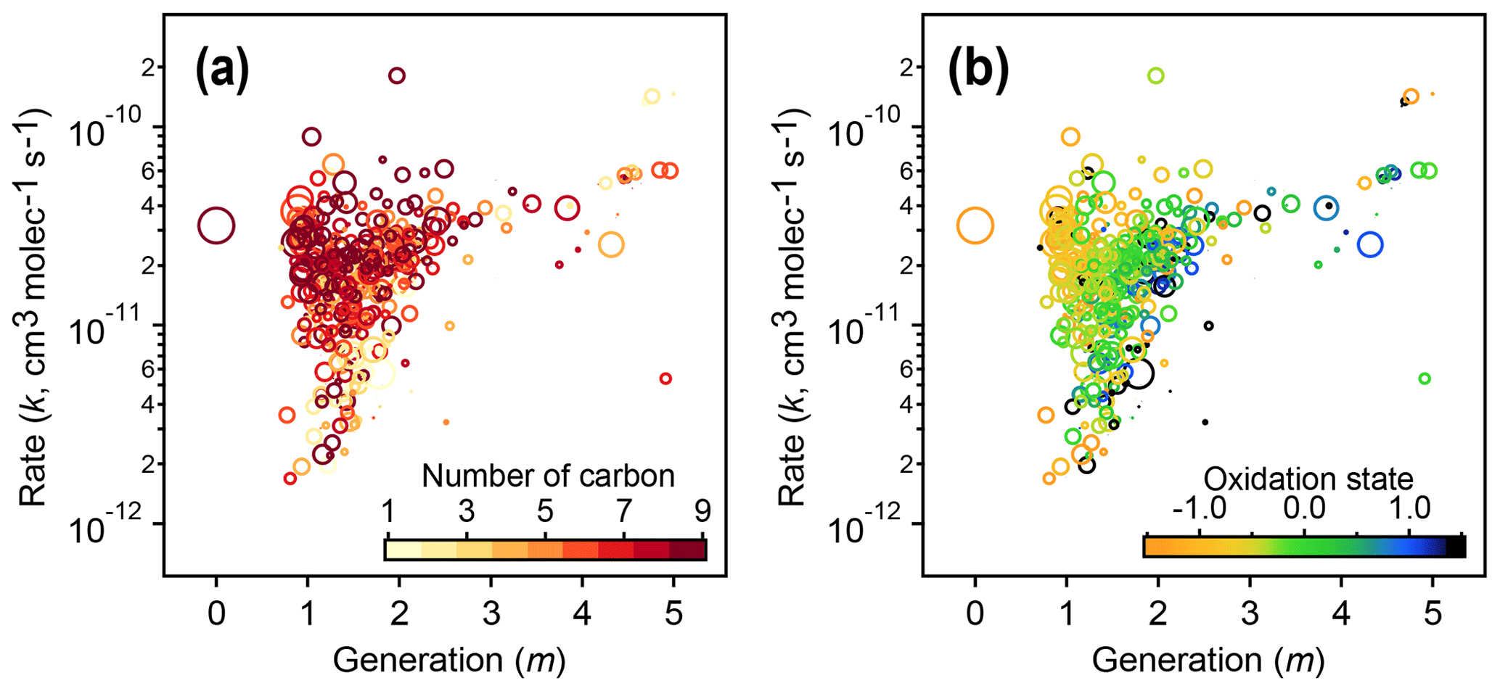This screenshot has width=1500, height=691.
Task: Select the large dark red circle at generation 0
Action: tap(216, 226)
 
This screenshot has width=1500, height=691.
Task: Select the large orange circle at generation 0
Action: tap(975, 226)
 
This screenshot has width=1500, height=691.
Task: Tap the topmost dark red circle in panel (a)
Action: tap(396, 75)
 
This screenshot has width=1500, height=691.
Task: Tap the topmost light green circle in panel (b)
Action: tap(1155, 75)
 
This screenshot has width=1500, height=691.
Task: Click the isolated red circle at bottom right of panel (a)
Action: tap(665, 378)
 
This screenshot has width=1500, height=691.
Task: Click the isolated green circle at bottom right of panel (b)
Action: tap(1424, 378)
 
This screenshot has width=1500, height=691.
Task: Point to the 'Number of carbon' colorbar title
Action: tap(548, 476)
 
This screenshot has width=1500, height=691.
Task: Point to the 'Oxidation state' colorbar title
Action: tap(1308, 479)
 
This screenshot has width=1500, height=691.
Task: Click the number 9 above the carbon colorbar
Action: tap(702, 512)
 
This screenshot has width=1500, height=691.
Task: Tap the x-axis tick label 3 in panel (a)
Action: tap(491, 615)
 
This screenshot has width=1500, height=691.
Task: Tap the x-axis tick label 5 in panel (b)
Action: tap(1432, 615)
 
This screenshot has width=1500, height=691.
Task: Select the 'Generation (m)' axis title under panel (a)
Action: tap(448, 661)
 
